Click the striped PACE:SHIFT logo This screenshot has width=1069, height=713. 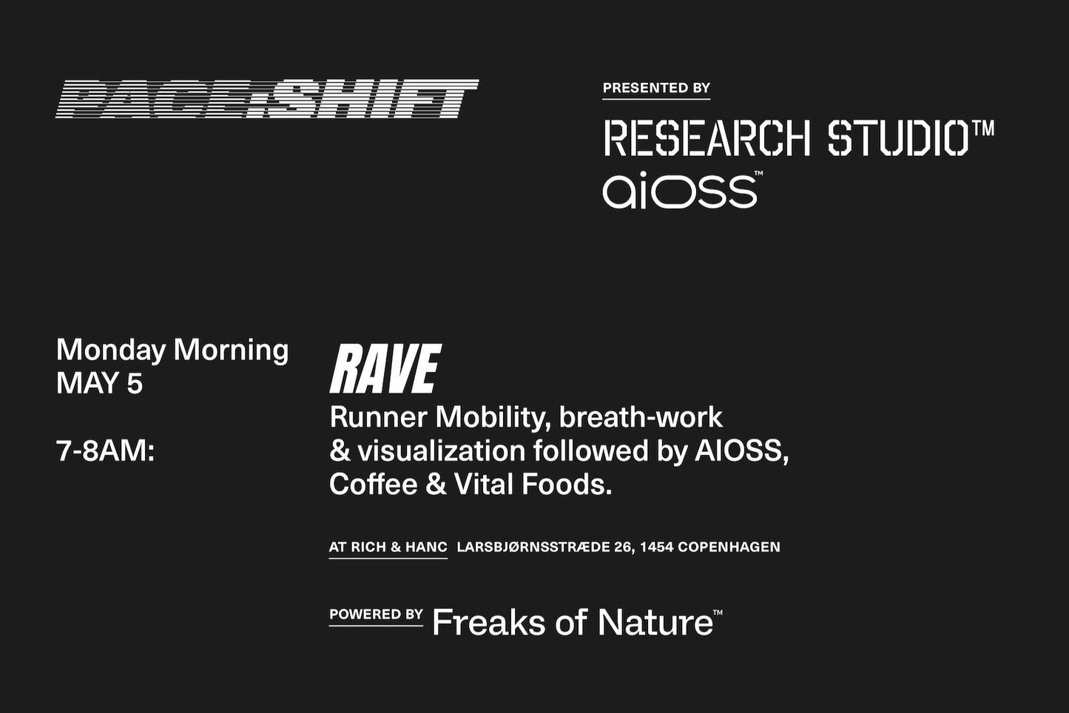[x=267, y=99]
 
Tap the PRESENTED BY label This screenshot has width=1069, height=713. [x=656, y=88]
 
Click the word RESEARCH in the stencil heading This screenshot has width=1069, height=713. [x=707, y=138]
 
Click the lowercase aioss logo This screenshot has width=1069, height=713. [x=680, y=190]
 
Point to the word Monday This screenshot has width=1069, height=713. [x=111, y=351]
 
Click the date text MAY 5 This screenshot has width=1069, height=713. [x=99, y=383]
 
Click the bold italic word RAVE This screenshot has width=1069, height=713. [x=385, y=368]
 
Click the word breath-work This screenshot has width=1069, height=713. [x=641, y=418]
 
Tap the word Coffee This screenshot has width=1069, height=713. [x=373, y=484]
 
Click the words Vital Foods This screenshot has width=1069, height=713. [x=533, y=484]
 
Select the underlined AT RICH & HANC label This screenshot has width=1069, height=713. [x=388, y=547]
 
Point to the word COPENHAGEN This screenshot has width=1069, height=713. [x=729, y=547]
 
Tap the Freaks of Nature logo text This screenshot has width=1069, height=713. [x=577, y=622]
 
